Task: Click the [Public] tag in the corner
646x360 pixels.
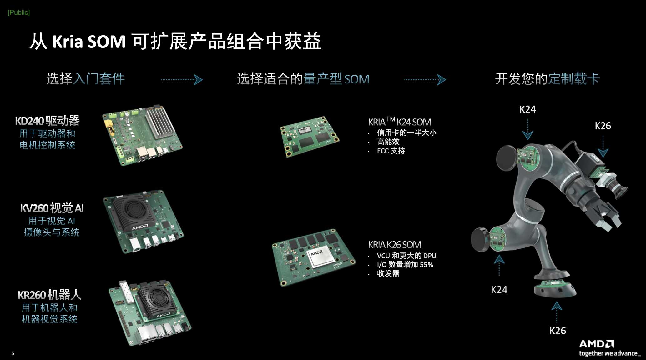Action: click(x=19, y=12)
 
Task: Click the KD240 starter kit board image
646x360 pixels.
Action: click(x=142, y=135)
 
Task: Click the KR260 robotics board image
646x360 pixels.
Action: click(x=150, y=313)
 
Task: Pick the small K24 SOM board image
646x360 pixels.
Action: click(x=309, y=137)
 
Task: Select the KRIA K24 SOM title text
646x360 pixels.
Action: click(x=400, y=121)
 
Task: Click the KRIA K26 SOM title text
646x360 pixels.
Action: click(x=395, y=245)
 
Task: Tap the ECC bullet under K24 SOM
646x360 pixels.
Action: click(x=391, y=151)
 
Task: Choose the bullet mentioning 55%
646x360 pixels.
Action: click(x=405, y=265)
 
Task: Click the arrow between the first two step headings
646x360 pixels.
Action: click(x=182, y=80)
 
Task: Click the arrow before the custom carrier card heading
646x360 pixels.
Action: click(x=425, y=80)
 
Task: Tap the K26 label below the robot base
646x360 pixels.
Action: click(x=558, y=331)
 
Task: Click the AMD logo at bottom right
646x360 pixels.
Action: click(x=596, y=344)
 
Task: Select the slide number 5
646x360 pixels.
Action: click(x=13, y=353)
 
